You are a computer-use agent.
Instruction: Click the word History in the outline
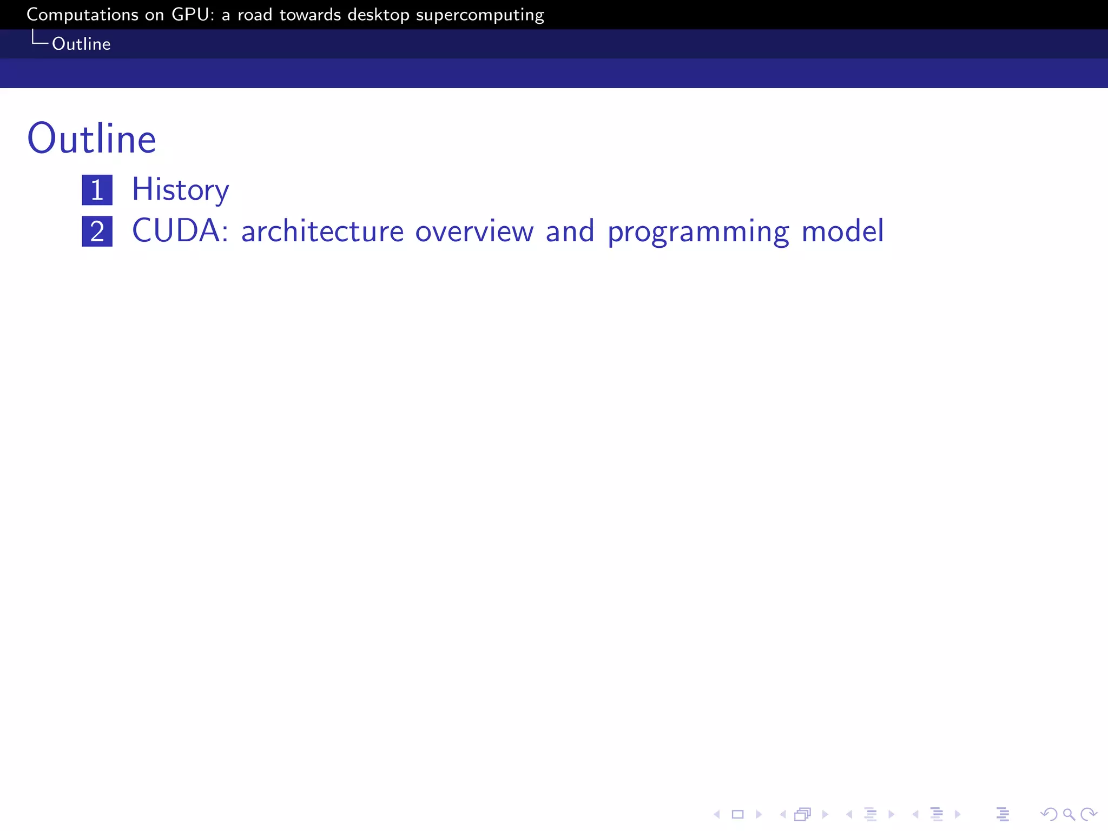point(180,190)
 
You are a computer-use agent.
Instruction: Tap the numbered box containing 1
point(97,190)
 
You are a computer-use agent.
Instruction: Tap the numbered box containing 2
point(97,232)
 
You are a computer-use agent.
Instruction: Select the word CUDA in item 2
point(175,231)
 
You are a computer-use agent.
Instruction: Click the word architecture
point(322,231)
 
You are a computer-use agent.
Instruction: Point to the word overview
point(474,231)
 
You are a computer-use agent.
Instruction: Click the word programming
point(698,232)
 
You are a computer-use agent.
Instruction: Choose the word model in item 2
point(842,231)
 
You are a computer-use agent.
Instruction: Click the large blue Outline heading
point(91,139)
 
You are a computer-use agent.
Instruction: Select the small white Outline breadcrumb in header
point(81,44)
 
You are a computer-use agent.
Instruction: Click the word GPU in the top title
point(190,15)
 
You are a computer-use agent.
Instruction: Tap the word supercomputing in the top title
point(480,15)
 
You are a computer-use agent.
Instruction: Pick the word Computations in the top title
point(83,15)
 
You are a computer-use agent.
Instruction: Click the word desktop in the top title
point(378,15)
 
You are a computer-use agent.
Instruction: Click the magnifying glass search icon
point(1069,814)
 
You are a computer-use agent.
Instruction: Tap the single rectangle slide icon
point(737,814)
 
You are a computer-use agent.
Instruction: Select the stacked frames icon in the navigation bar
point(803,814)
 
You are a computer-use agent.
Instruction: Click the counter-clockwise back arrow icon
point(1048,814)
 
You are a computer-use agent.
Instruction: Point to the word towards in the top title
point(310,15)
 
